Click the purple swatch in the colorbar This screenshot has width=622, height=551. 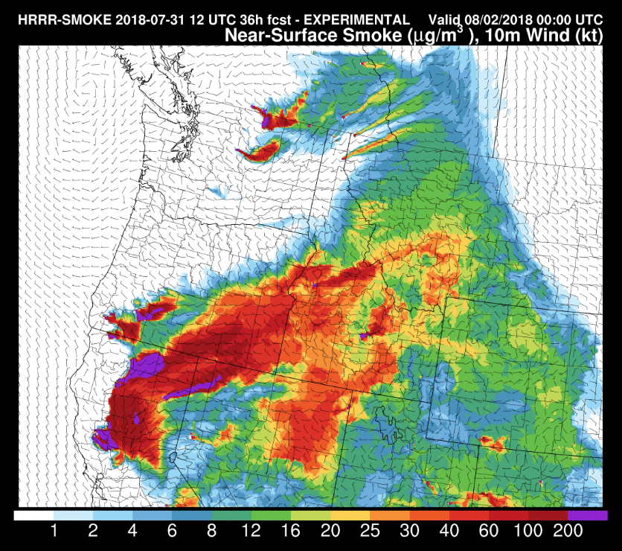coord(588,515)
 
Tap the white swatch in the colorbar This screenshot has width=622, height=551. coord(33,515)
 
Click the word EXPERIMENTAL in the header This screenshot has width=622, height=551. coord(358,20)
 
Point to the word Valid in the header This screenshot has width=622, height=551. coord(445,20)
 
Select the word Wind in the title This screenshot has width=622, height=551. coord(551,35)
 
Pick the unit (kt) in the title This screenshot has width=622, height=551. coord(589,35)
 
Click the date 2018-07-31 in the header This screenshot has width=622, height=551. coord(132,20)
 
